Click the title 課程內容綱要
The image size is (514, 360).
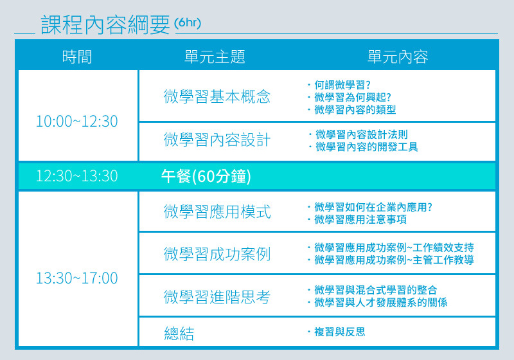[x=105, y=24]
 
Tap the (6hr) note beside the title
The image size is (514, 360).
[x=188, y=22]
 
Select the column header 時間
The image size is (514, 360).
[x=77, y=57]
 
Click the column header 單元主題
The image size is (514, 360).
[x=215, y=57]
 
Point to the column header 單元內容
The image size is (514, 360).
[x=398, y=57]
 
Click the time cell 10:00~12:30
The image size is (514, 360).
[x=76, y=122]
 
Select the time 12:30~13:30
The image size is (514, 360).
[x=76, y=175]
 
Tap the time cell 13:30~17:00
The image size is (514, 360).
[x=76, y=278]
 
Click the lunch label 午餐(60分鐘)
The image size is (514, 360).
[x=206, y=176]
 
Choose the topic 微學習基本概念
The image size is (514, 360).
[x=217, y=96]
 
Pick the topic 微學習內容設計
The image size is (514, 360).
[x=217, y=139]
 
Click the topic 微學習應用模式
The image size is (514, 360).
[x=217, y=212]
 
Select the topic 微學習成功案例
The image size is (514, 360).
[x=217, y=254]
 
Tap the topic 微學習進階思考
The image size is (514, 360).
[x=217, y=297]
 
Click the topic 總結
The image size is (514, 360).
[x=179, y=334]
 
